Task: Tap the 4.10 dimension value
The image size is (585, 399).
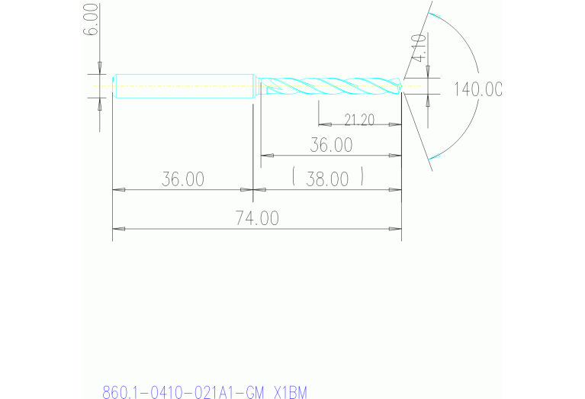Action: [418, 48]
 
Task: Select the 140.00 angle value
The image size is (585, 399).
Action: [478, 89]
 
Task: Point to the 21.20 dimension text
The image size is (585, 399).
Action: [359, 120]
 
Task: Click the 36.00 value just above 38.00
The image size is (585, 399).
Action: [331, 144]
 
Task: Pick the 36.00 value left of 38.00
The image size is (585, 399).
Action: [183, 179]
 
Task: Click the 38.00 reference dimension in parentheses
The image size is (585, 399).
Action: [327, 179]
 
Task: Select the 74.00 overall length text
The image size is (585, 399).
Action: [257, 218]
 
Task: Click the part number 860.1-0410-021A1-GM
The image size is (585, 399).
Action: [184, 393]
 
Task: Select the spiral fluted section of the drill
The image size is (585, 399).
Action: [332, 85]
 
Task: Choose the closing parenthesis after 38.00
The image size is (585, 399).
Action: [362, 179]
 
